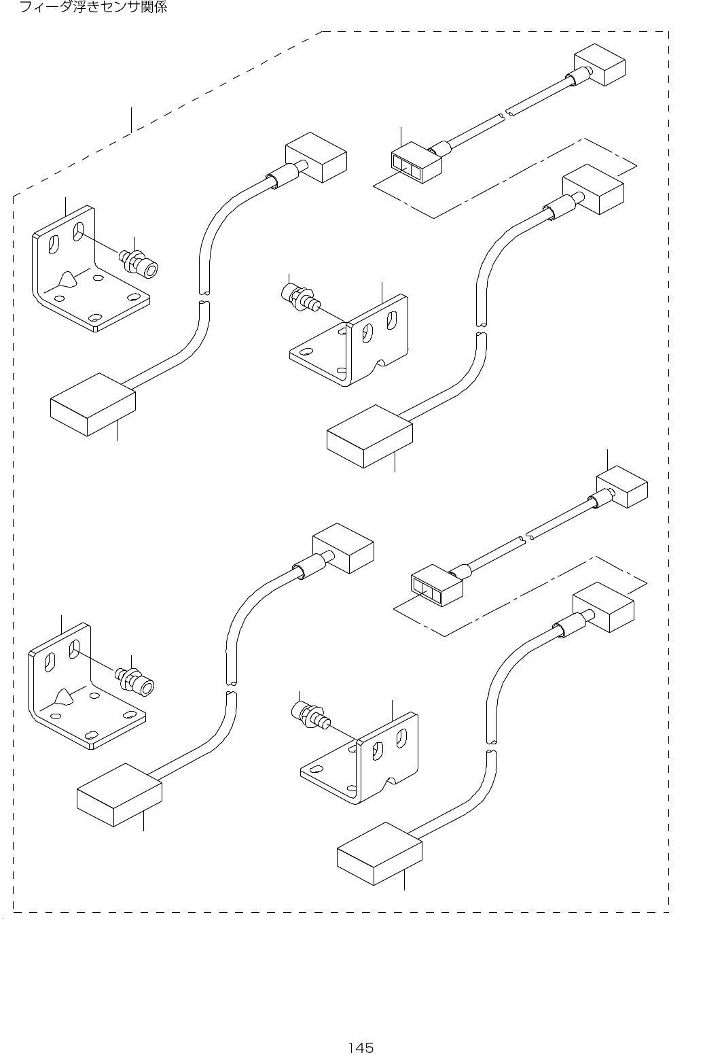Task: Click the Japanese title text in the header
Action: pos(93,9)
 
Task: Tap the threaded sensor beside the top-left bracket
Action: pos(140,263)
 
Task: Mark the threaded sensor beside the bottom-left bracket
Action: pos(136,680)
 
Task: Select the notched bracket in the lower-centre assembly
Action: pos(380,758)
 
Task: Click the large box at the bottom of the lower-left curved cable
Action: pos(120,794)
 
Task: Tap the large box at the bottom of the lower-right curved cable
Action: pos(380,853)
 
